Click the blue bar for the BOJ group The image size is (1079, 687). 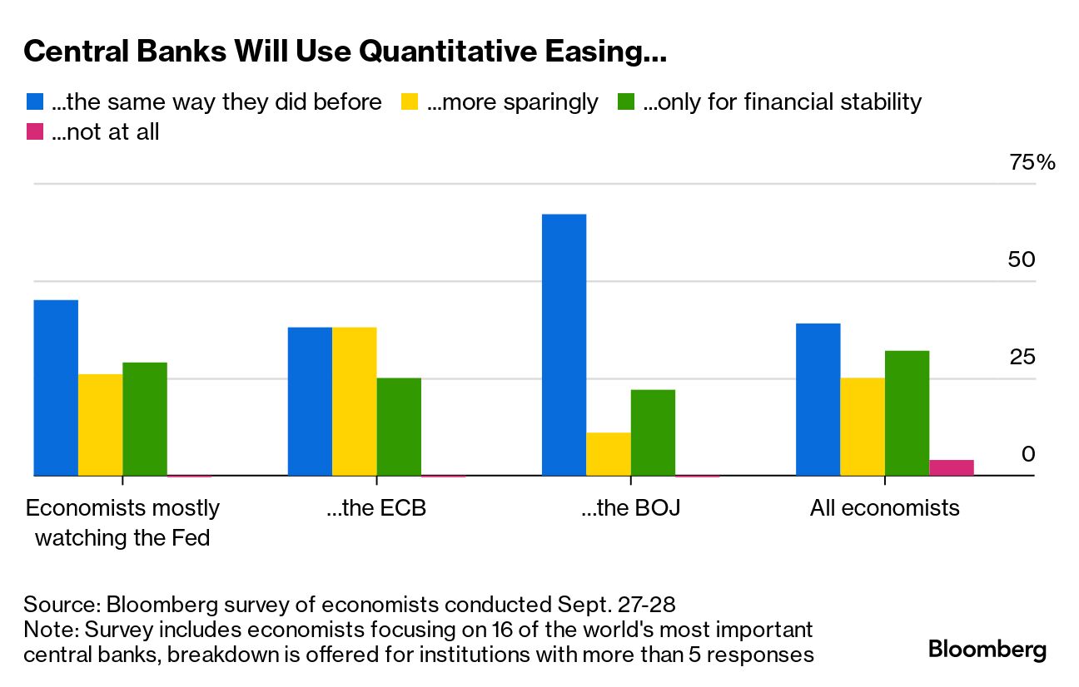[x=564, y=345]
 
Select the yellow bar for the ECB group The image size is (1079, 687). [x=354, y=402]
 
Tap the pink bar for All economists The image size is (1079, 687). [x=952, y=467]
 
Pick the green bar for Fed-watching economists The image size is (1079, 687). [x=145, y=419]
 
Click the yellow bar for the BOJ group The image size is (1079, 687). [x=609, y=454]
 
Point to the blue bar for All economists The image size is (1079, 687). [x=818, y=399]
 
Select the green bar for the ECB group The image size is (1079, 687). [x=399, y=427]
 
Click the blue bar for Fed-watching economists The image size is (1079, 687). [x=56, y=388]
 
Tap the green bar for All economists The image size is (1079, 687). [x=907, y=413]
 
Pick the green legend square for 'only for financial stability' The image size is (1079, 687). [x=626, y=102]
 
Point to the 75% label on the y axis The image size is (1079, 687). [x=1032, y=162]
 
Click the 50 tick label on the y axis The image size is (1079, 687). [x=1021, y=259]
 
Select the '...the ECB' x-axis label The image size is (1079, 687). [x=376, y=507]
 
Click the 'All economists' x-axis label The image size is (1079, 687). [x=884, y=507]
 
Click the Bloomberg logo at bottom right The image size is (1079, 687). [x=987, y=649]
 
